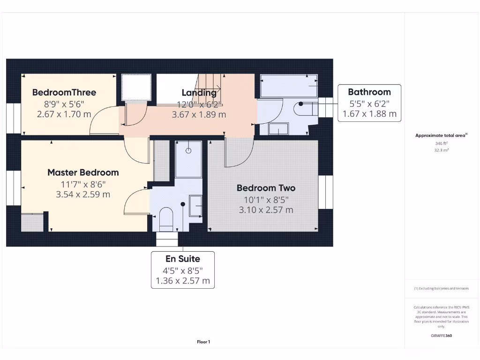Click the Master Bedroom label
point(83,172)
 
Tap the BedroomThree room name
point(64,92)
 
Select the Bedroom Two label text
point(266,188)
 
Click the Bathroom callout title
point(369,92)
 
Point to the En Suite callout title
point(182,259)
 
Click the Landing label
point(199,93)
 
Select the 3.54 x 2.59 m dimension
point(83,194)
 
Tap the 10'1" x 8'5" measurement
point(266,199)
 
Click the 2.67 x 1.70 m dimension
point(64,114)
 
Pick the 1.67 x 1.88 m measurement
point(369,113)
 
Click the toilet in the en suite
point(166,218)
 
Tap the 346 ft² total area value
point(441,144)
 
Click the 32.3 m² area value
point(441,150)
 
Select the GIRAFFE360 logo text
point(441,336)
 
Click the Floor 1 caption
point(203,342)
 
